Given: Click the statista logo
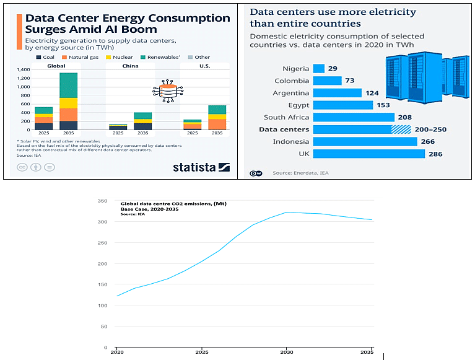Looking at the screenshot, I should point(201,167).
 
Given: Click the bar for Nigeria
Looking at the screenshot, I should point(319,69).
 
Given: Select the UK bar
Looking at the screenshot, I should point(369,154).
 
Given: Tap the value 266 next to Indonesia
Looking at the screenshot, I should point(428,142).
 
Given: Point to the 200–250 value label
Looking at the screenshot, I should point(432,130).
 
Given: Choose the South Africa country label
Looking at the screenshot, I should point(286,117).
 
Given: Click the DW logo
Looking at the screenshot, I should point(255,173).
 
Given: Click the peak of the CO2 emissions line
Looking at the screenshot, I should point(287,212).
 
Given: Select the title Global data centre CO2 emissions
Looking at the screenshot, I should point(163,203).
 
